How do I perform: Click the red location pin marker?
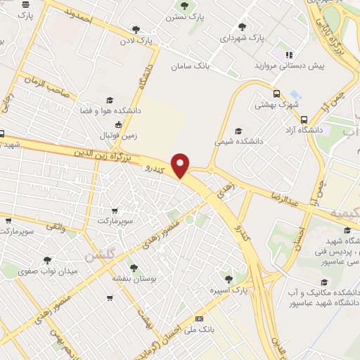point(181,166)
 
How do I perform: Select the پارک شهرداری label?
point(241,38)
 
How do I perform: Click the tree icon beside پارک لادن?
point(135,30)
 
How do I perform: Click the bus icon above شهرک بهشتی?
point(276,92)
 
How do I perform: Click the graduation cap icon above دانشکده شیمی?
point(238,130)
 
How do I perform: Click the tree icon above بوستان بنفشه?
point(133,266)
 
